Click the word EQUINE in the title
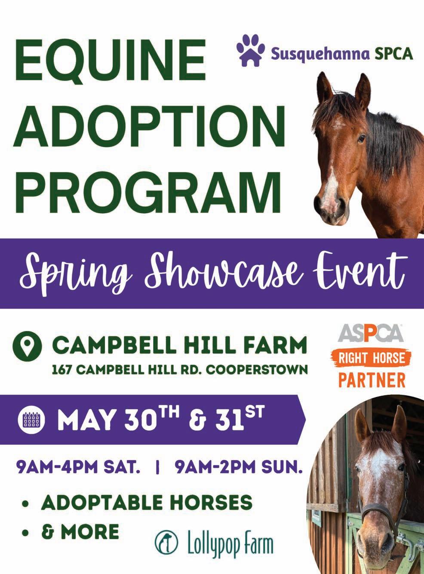pyautogui.click(x=111, y=61)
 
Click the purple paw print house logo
pyautogui.click(x=251, y=50)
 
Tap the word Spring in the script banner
pyautogui.click(x=75, y=274)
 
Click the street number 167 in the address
pyautogui.click(x=62, y=370)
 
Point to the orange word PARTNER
pyautogui.click(x=372, y=380)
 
